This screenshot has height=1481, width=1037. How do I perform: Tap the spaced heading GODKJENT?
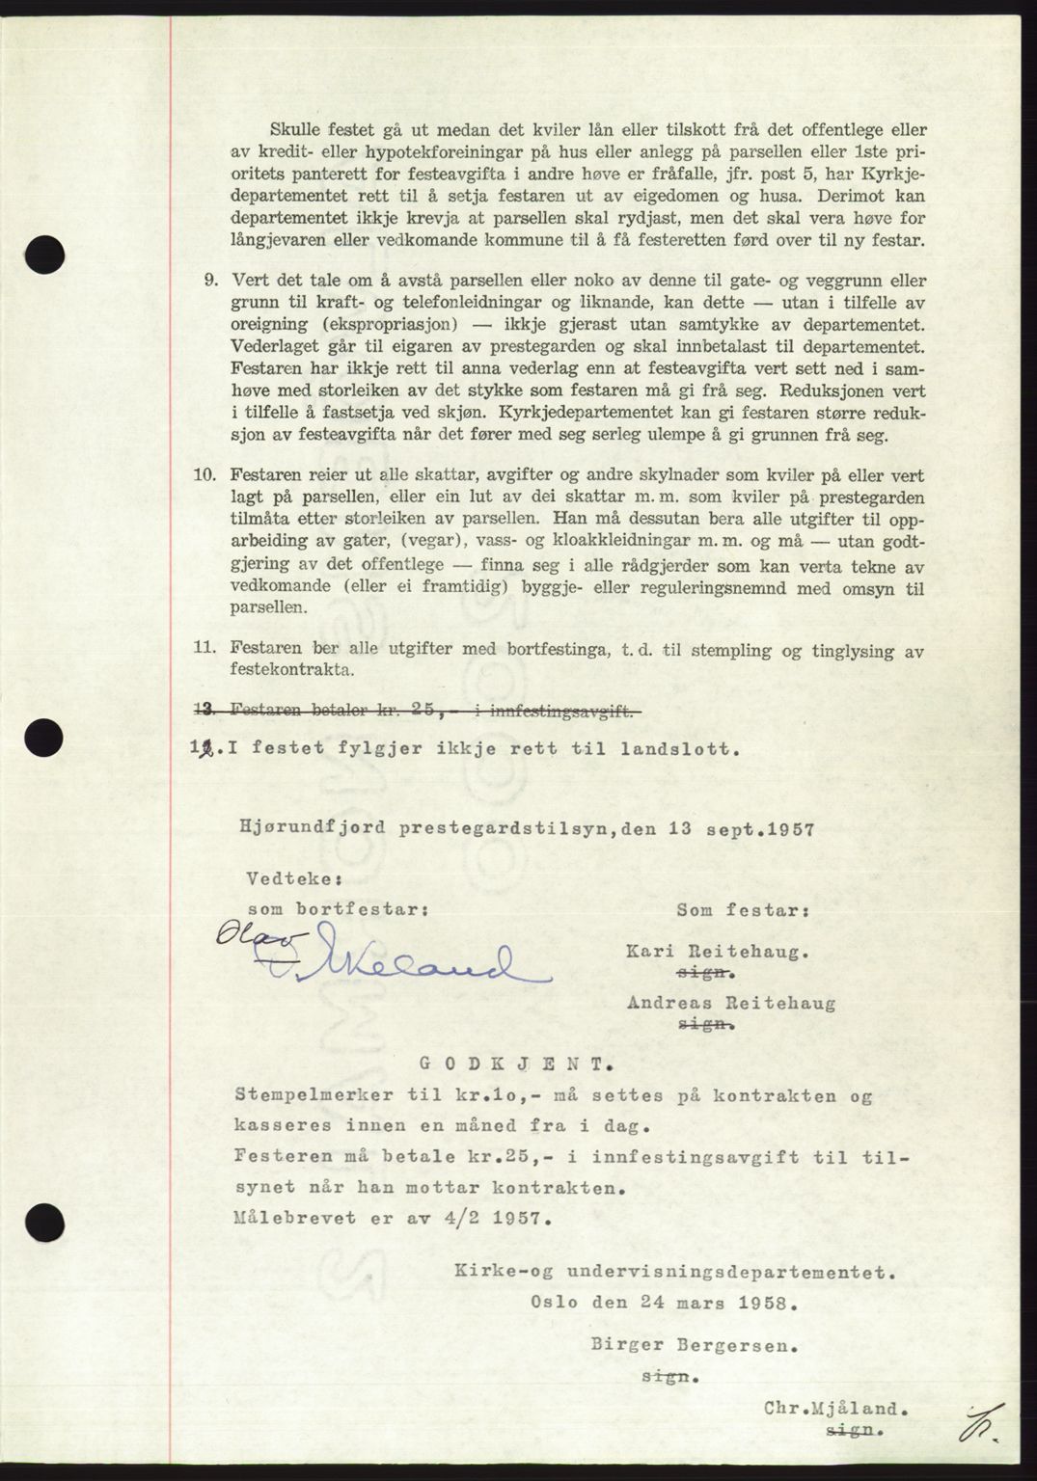[x=514, y=1065]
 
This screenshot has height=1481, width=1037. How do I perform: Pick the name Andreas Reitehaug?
[x=731, y=1003]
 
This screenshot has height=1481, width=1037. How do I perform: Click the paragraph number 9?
[x=209, y=281]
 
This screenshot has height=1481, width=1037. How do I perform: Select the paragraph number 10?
[x=206, y=475]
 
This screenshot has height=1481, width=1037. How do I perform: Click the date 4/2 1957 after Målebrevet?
[x=501, y=1218]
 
